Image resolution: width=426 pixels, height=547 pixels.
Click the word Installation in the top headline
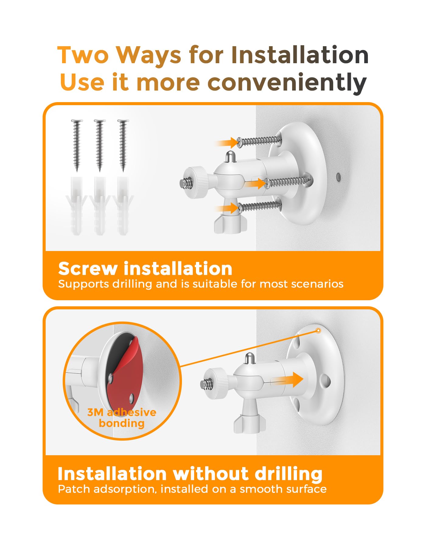[x=300, y=55]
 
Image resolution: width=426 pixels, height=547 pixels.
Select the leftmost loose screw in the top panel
[x=77, y=145]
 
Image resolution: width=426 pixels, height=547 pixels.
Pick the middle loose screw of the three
[x=100, y=145]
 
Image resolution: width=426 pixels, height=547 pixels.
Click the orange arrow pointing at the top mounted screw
[x=227, y=143]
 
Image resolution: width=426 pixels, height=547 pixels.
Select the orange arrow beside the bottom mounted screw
[x=227, y=208]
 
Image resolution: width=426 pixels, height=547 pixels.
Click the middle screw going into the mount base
[x=288, y=182]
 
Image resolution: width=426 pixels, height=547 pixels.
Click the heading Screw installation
[x=145, y=269]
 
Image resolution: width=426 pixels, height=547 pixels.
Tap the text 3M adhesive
[x=122, y=412]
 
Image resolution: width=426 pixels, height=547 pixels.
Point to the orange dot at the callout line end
[x=318, y=331]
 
